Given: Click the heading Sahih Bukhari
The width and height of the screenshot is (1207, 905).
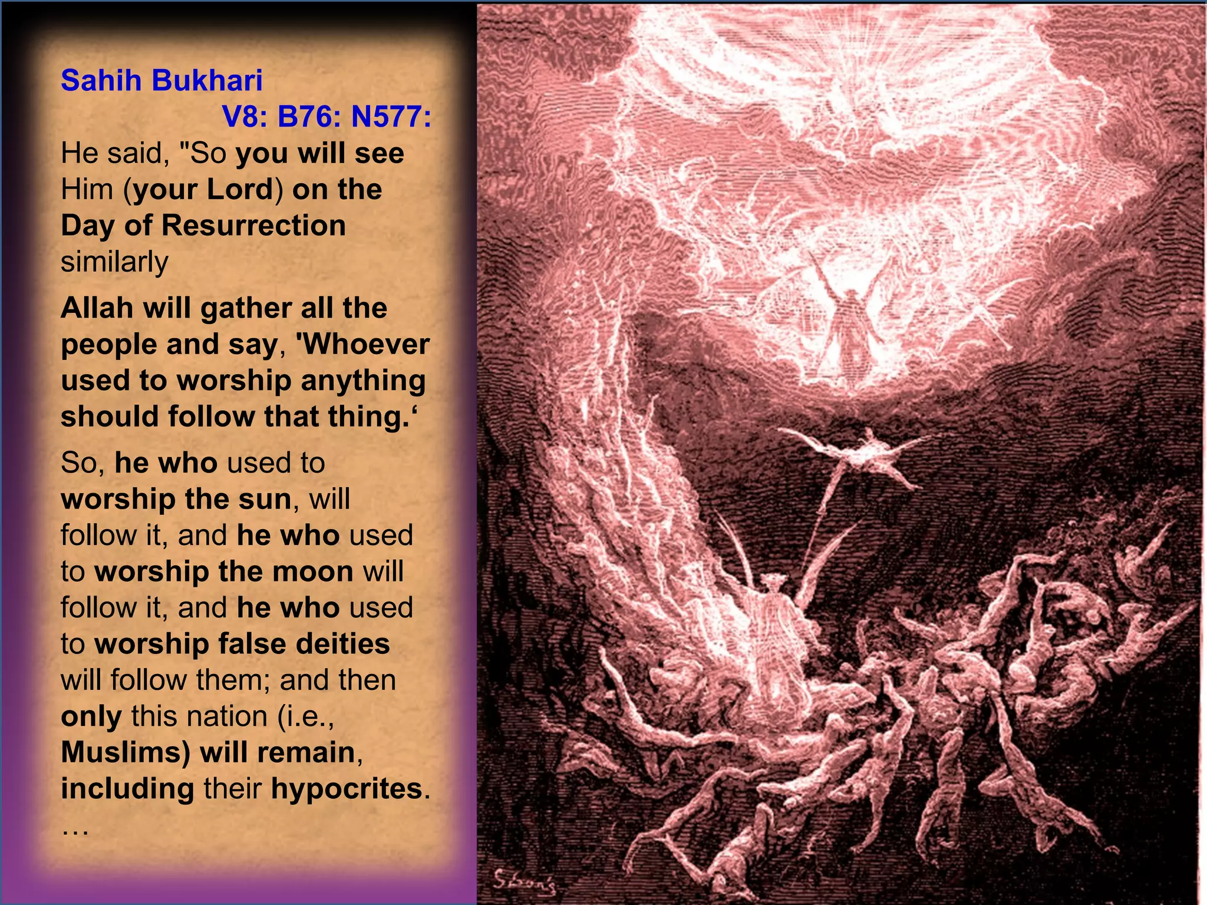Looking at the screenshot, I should (x=161, y=80).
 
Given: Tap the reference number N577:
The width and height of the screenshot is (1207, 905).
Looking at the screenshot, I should (x=391, y=117).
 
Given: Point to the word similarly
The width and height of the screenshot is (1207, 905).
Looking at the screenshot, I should (x=114, y=262).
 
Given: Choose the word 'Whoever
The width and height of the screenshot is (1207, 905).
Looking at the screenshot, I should (x=362, y=345).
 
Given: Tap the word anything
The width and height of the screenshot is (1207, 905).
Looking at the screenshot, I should (x=363, y=381).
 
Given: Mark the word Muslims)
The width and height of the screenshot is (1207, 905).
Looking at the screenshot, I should (x=125, y=753).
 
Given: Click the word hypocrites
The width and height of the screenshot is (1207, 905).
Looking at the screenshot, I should (x=347, y=789).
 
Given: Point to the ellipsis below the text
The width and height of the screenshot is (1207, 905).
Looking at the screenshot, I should (x=75, y=830).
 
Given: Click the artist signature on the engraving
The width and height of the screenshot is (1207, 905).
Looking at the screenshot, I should (x=523, y=880).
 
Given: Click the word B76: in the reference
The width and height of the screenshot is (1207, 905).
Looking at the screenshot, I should (x=309, y=117).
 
